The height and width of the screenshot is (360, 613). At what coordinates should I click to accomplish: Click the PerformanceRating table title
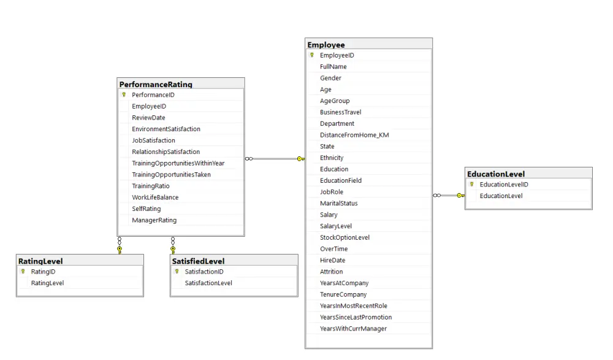click(x=156, y=84)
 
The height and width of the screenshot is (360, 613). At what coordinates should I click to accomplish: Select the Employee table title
click(x=326, y=45)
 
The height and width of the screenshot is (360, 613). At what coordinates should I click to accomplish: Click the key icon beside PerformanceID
click(x=124, y=95)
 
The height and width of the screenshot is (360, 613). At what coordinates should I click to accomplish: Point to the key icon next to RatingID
click(x=23, y=272)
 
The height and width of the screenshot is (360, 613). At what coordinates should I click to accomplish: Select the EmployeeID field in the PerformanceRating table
click(x=149, y=106)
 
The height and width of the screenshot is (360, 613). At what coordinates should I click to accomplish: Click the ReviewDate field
click(x=148, y=118)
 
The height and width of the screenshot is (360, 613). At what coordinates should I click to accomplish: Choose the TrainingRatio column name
click(x=151, y=186)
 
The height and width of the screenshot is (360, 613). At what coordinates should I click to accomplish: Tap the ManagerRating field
click(x=154, y=220)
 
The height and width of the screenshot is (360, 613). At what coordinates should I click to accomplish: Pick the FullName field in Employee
click(x=333, y=67)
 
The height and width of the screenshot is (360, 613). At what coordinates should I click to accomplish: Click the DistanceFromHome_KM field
click(x=354, y=135)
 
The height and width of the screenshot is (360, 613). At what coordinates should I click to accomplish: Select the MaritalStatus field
click(x=338, y=203)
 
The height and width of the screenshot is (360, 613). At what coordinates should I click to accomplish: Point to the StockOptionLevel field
click(x=345, y=237)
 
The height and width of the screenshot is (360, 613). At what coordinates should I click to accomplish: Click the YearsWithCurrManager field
click(x=353, y=329)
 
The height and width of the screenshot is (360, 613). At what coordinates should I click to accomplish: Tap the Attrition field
click(x=332, y=272)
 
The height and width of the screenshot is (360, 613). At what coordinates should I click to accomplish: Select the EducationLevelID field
click(x=504, y=185)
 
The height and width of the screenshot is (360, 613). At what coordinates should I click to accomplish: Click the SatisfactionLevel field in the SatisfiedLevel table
click(x=208, y=283)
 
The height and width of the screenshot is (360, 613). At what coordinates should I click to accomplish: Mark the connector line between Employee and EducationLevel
click(x=449, y=196)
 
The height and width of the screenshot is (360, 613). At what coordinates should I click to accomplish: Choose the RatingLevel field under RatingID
click(x=48, y=283)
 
